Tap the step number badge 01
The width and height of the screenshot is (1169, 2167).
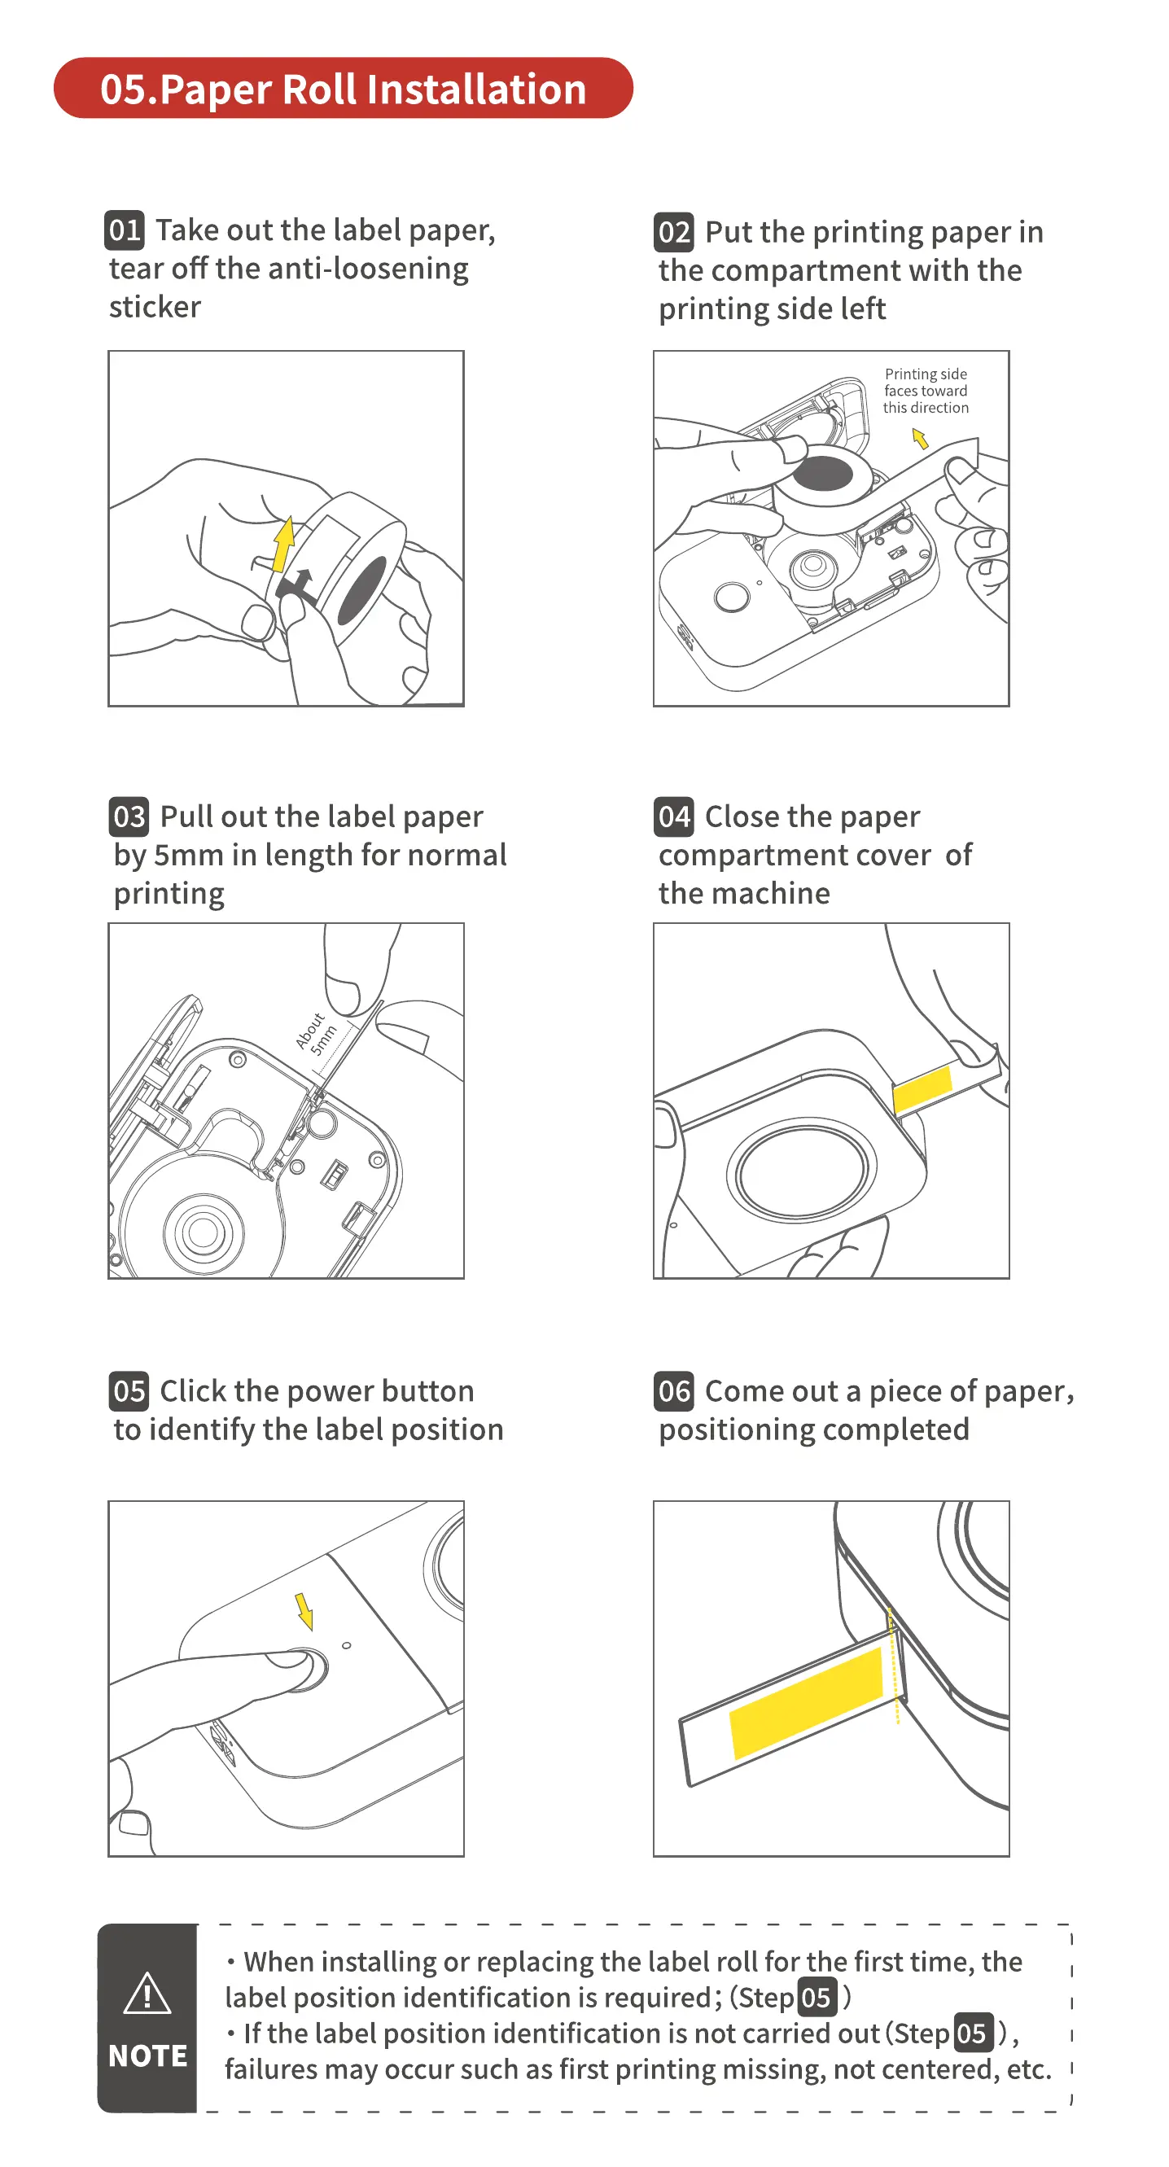point(125,230)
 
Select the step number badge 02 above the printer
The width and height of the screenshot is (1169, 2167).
point(674,232)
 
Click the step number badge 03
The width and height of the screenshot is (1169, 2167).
point(129,816)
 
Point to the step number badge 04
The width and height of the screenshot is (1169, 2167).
point(674,816)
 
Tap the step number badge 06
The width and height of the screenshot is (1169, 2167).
point(674,1391)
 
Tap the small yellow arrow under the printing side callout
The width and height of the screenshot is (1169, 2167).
point(921,438)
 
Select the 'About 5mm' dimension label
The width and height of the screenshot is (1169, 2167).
point(317,1034)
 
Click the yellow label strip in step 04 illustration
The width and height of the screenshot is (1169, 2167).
point(922,1088)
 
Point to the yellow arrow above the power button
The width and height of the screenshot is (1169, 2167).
point(304,1611)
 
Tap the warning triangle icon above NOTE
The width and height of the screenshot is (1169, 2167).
point(147,1994)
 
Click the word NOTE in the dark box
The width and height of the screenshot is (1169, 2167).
point(148,2056)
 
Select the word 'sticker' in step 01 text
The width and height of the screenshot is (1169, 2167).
point(155,307)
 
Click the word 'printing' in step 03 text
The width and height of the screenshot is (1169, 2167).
point(169,893)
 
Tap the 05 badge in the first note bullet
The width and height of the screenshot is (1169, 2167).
point(816,1998)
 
